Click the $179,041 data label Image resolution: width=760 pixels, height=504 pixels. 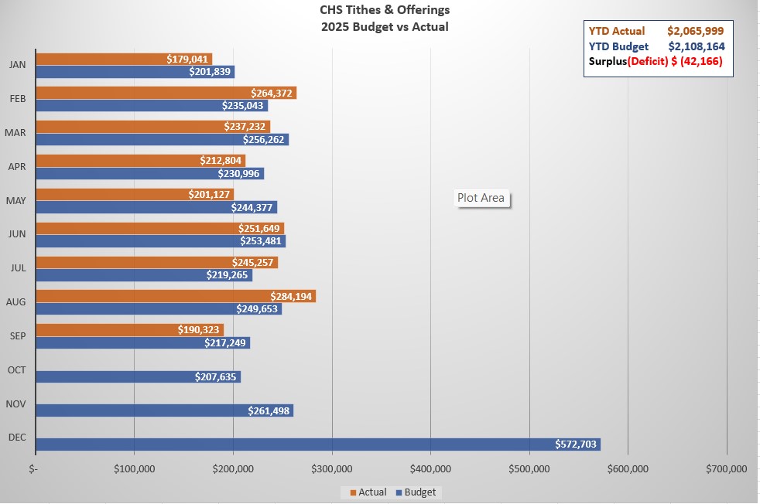click(188, 59)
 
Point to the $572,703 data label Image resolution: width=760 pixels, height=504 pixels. click(577, 444)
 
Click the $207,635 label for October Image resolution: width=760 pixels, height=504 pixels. click(217, 377)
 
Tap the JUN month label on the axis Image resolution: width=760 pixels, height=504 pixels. click(15, 234)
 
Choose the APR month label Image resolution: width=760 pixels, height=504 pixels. click(15, 166)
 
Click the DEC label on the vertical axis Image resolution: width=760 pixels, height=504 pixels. click(15, 438)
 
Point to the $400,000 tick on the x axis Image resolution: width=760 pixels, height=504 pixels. click(430, 468)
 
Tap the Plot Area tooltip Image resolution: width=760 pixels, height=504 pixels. click(481, 198)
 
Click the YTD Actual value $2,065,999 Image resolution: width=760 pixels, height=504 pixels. click(696, 32)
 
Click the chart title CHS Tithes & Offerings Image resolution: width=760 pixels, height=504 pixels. click(384, 11)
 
